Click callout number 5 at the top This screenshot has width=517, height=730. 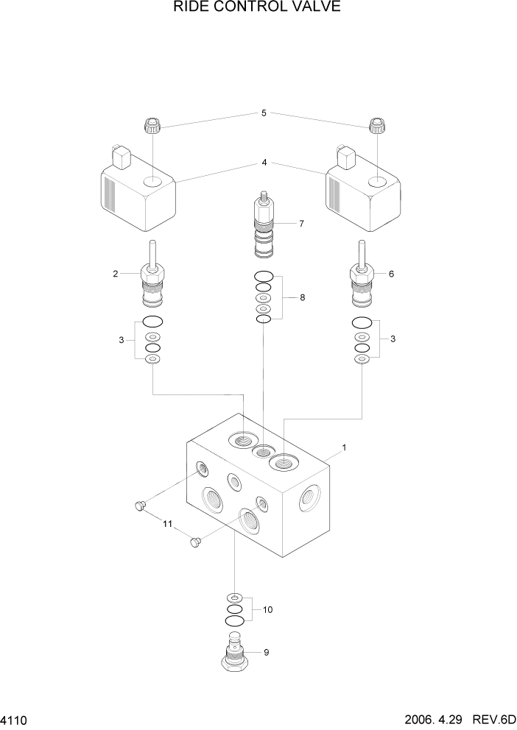(264, 113)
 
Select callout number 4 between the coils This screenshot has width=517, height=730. (264, 163)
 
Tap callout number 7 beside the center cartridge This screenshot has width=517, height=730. (301, 223)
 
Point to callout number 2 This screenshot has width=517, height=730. (115, 274)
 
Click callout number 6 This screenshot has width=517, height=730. (391, 274)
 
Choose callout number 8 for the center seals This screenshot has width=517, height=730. (302, 298)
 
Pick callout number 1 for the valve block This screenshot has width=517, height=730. (344, 447)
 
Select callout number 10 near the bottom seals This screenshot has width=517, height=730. (267, 609)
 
